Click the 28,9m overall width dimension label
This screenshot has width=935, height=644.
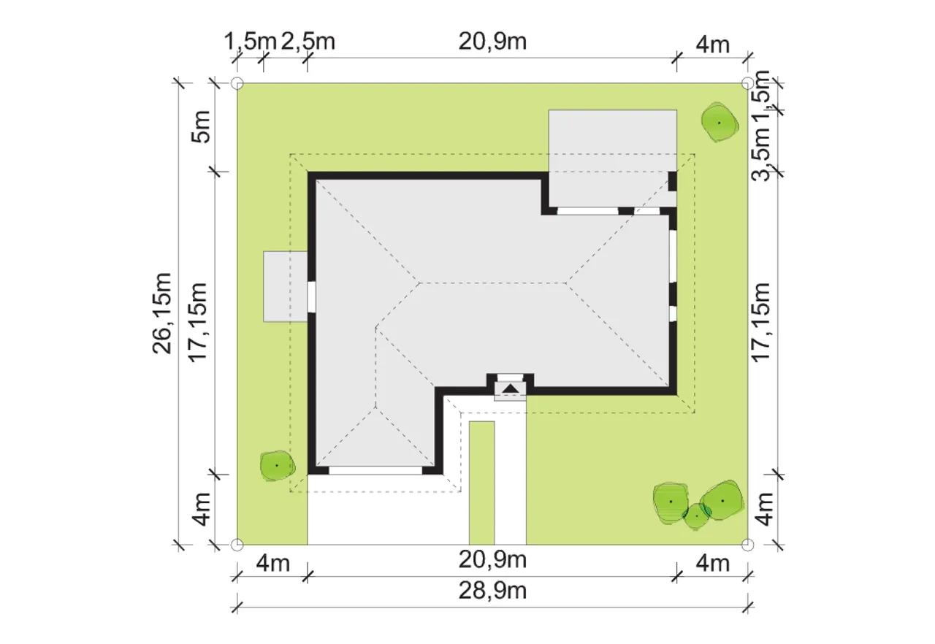(492, 591)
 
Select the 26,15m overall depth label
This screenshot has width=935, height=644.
(162, 313)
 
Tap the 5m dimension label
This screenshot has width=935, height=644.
(201, 126)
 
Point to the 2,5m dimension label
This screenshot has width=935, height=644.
(308, 42)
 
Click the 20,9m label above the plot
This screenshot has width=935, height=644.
(492, 42)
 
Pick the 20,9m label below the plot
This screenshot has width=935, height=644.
(492, 560)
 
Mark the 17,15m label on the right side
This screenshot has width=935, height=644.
(760, 323)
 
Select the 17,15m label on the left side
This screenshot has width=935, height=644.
(198, 323)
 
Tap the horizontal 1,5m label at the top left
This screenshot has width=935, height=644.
(251, 42)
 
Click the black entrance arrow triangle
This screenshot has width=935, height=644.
(510, 389)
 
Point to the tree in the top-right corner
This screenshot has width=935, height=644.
(720, 123)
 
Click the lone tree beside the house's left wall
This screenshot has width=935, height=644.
(277, 466)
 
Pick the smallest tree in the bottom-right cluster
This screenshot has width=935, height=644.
(697, 516)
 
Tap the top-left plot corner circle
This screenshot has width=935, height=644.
(237, 83)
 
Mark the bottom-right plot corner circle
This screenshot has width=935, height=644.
(747, 544)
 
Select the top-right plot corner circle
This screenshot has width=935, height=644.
(747, 83)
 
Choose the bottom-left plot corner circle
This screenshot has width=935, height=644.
(237, 544)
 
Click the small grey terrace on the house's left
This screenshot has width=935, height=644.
(286, 286)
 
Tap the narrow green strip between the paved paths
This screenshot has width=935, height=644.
(481, 483)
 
